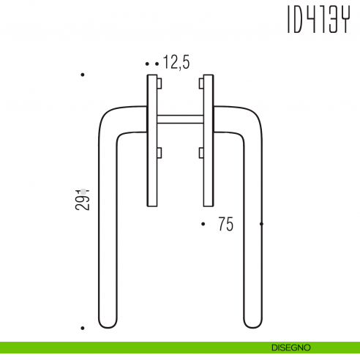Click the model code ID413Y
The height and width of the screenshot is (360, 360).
pos(315,21)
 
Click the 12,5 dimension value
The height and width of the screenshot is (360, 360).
pos(176,64)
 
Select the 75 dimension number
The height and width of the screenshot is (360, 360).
pos(225,225)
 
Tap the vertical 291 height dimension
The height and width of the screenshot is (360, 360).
pos(83,197)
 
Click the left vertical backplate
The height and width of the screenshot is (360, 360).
pos(151,139)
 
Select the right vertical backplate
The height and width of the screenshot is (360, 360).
pos(208,139)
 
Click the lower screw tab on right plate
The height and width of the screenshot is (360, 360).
pos(200,153)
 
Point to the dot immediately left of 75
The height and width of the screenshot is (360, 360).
pos(203,224)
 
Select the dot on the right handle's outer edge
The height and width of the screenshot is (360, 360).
pos(262,224)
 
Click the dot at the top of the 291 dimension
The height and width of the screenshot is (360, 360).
pos(83,75)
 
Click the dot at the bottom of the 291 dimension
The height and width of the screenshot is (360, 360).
pos(83,329)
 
